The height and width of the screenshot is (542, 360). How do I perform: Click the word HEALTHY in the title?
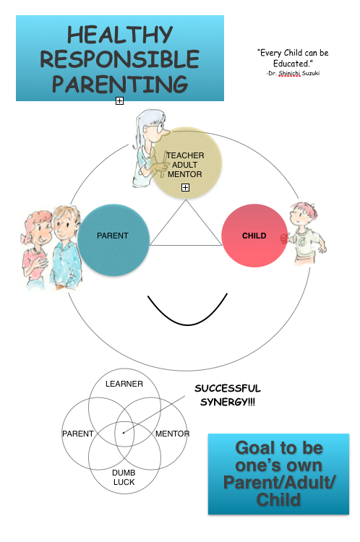click(x=120, y=35)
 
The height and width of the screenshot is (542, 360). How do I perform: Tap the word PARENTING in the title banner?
click(x=120, y=84)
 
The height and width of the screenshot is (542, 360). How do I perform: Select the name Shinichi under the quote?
click(x=289, y=73)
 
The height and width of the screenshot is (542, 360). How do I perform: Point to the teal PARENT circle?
click(x=113, y=239)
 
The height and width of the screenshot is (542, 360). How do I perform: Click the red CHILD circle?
click(x=254, y=236)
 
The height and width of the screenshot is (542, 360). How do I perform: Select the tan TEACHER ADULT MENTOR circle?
click(x=186, y=163)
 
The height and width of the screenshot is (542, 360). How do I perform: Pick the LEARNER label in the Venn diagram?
click(x=124, y=384)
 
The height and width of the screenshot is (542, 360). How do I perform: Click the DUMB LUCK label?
click(x=124, y=478)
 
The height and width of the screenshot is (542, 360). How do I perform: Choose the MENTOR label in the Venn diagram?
click(x=173, y=434)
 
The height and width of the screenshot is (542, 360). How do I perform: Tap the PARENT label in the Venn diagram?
click(x=78, y=434)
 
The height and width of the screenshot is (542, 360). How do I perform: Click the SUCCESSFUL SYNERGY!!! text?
click(x=228, y=395)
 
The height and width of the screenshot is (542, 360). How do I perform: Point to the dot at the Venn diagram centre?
click(x=124, y=432)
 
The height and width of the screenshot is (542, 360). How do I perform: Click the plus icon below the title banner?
click(x=119, y=100)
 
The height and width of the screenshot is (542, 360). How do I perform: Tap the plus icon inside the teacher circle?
click(x=185, y=187)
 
